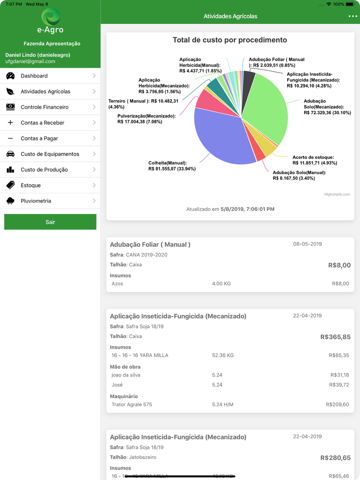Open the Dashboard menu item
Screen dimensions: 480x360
(34, 76)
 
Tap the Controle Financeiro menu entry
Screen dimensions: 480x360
(45, 107)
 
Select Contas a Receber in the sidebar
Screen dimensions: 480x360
(42, 123)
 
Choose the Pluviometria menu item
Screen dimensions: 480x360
(36, 201)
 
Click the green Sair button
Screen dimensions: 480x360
(50, 222)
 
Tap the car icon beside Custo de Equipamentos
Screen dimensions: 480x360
(10, 154)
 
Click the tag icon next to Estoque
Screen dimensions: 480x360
(10, 185)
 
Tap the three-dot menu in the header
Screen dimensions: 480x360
(353, 16)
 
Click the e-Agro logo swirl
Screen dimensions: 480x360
(51, 17)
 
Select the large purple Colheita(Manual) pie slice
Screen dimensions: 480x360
(220, 137)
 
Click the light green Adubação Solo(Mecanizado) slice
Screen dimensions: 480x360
(268, 108)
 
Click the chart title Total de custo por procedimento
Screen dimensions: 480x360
(230, 40)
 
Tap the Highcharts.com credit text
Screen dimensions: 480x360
(337, 194)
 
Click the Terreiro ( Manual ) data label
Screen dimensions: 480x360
(143, 104)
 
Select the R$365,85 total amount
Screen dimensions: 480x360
(335, 337)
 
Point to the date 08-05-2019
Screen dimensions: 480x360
(307, 244)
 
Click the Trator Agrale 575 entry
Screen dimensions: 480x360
(132, 404)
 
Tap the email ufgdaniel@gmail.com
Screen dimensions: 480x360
(30, 62)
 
